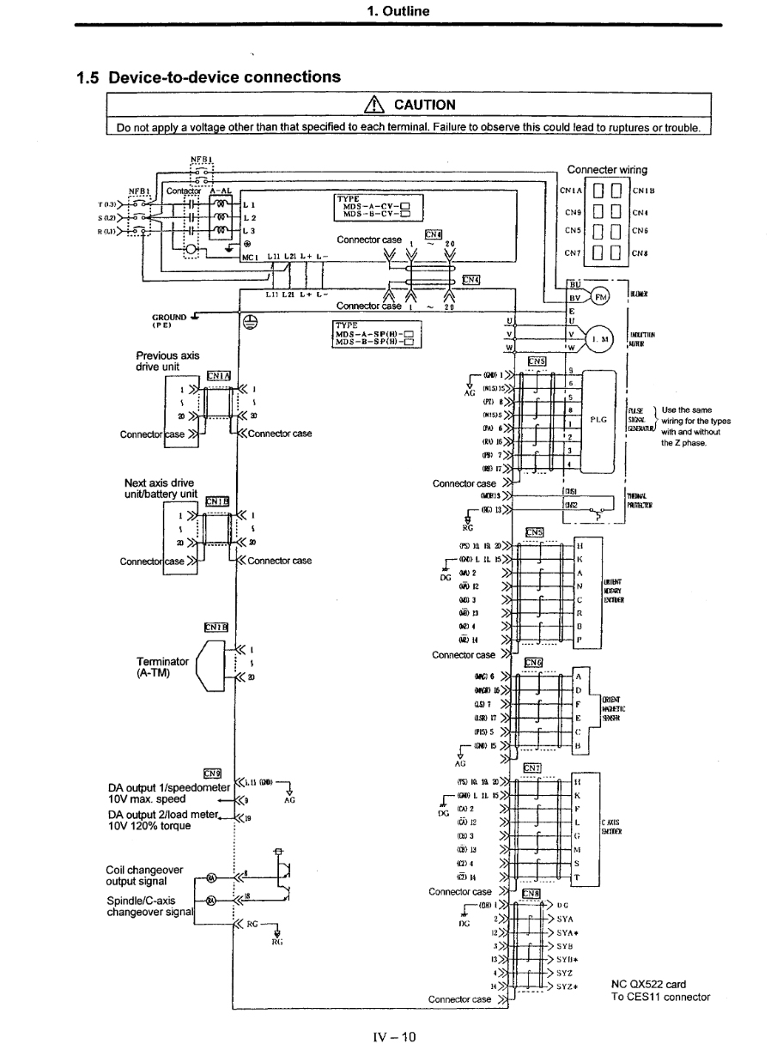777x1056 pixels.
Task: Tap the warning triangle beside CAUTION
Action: click(x=376, y=106)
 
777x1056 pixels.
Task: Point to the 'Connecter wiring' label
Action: click(x=608, y=169)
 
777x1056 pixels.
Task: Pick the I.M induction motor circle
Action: click(x=604, y=339)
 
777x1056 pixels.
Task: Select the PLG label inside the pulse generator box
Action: click(x=599, y=420)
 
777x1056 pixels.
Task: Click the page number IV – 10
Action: click(x=388, y=1036)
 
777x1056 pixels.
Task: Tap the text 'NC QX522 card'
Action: click(x=648, y=984)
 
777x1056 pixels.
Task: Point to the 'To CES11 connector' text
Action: click(x=660, y=997)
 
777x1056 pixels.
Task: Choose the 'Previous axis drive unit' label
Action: click(x=166, y=361)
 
